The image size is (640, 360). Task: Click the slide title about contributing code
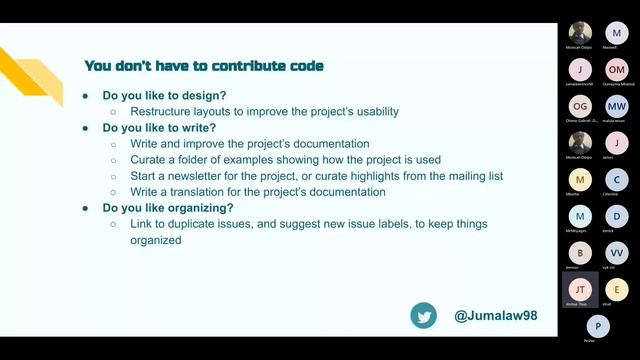[204, 66]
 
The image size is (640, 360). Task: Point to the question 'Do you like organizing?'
[168, 208]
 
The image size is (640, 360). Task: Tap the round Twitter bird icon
[423, 316]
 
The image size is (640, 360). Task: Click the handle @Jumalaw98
[496, 316]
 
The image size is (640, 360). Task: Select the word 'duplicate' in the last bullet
[203, 224]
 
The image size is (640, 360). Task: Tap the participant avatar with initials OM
[617, 69]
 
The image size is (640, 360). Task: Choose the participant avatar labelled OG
[580, 106]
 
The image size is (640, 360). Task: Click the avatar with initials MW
[617, 106]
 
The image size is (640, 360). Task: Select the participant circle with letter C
[617, 179]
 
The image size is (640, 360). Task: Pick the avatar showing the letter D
[617, 215]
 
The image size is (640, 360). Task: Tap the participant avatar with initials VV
[617, 252]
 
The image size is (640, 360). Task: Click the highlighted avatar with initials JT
[580, 289]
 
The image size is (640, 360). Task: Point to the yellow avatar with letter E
[617, 289]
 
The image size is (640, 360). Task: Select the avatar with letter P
[598, 325]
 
